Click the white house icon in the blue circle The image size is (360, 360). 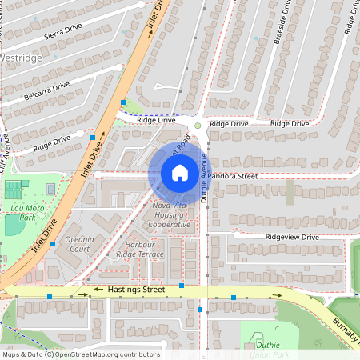click(x=180, y=173)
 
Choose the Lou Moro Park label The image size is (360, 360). click(x=21, y=212)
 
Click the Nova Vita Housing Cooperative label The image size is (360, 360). click(x=170, y=215)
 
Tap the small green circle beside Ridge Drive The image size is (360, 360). click(x=198, y=126)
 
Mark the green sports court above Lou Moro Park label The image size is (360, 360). click(x=14, y=191)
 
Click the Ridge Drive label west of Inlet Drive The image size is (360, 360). click(x=53, y=144)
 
